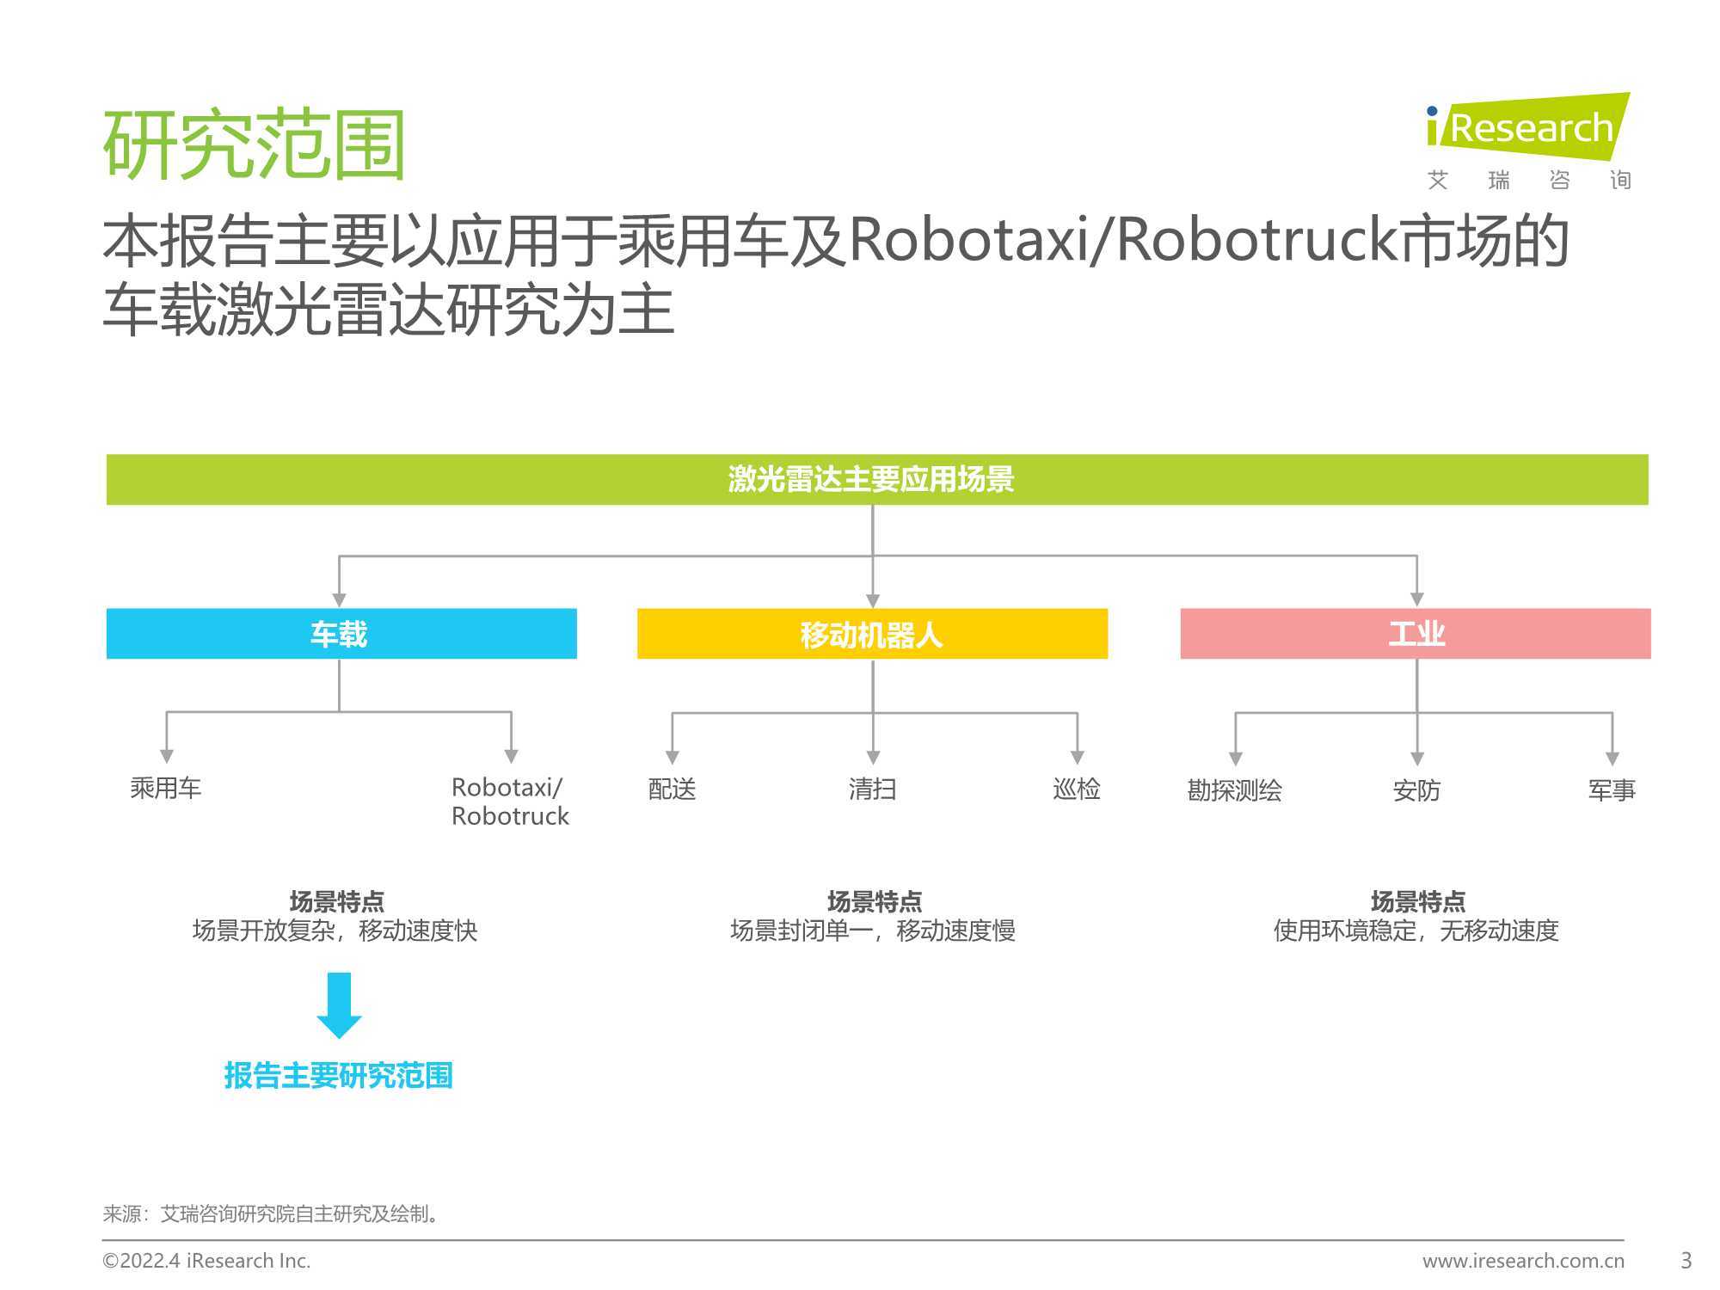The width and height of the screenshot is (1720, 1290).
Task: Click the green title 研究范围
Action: coord(254,144)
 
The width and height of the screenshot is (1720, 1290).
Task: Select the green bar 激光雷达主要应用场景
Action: coord(877,479)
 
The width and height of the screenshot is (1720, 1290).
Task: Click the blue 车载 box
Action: coord(341,634)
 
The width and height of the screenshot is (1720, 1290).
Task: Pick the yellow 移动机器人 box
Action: coord(872,634)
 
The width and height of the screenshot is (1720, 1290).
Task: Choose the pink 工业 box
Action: coord(1416,634)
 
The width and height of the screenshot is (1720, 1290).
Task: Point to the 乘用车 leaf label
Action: coord(166,788)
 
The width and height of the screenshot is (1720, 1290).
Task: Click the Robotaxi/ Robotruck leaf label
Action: coord(510,802)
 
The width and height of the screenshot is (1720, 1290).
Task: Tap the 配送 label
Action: coord(672,789)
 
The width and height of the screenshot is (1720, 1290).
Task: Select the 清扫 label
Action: coord(872,789)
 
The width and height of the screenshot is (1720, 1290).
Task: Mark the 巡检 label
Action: coord(1077,789)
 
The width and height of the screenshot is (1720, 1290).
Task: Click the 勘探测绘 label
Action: coord(1235,790)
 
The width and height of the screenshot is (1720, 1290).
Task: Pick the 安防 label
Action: coord(1416,790)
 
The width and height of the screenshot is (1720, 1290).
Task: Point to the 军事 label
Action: coord(1612,790)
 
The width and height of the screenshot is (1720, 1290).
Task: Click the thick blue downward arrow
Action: coord(340,1005)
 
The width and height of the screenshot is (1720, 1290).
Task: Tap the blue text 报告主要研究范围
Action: coord(339,1075)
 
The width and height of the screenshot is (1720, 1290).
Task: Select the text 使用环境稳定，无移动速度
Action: coord(1416,931)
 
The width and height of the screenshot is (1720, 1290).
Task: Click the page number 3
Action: coord(1686,1261)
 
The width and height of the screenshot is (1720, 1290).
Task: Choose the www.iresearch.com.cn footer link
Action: coord(1523,1261)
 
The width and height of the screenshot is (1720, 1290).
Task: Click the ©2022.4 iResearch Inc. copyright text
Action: coord(206,1261)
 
